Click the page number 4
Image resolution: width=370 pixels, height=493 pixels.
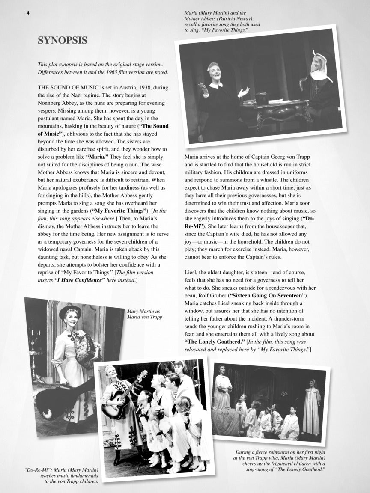(x=28, y=13)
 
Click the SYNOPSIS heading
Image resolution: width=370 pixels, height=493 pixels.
(x=63, y=41)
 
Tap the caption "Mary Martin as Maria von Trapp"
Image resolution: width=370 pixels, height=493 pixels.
(x=144, y=314)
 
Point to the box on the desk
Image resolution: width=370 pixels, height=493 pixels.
(x=262, y=98)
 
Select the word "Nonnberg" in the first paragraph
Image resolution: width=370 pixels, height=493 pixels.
(x=53, y=103)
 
